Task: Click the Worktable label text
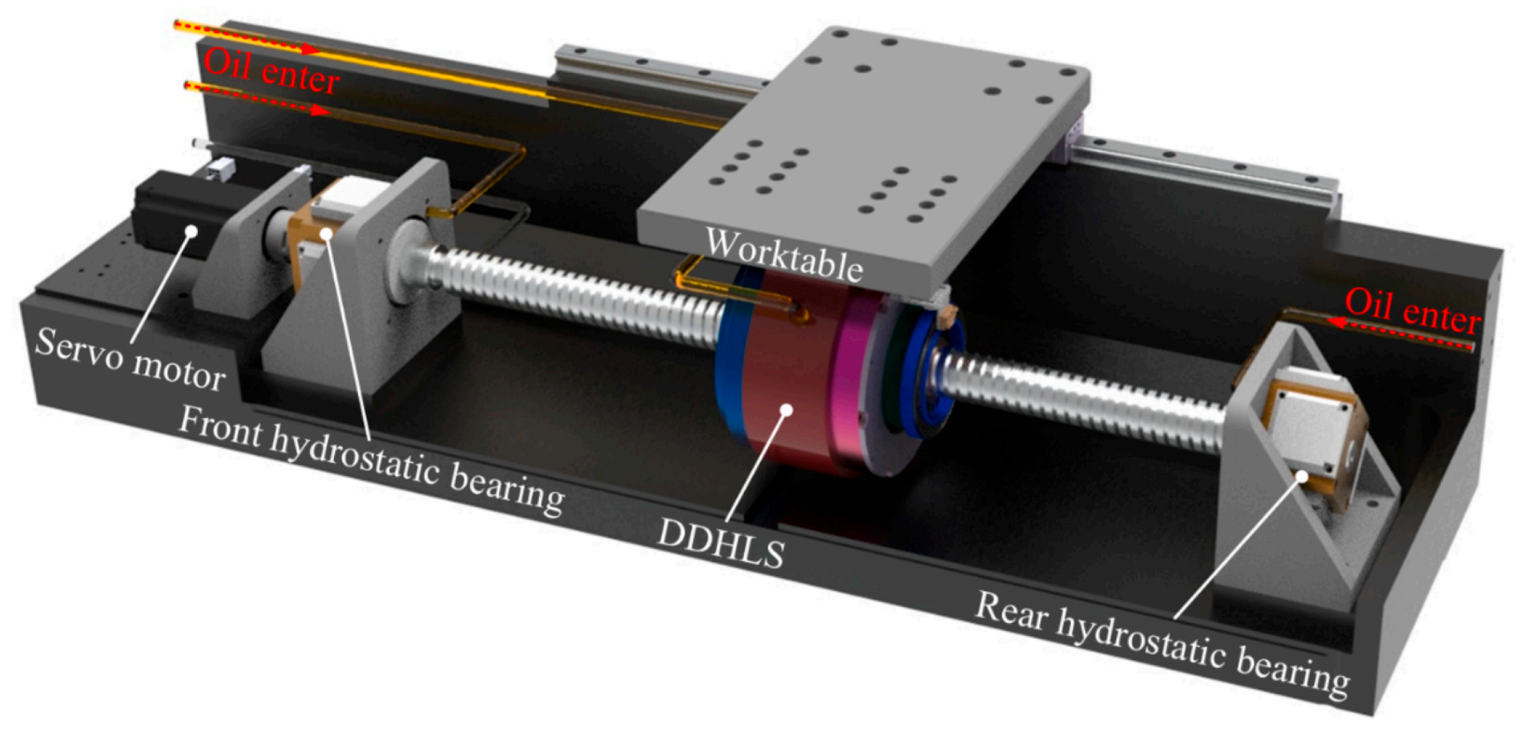pos(784,255)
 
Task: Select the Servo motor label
pos(130,359)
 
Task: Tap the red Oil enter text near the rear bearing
pos(1413,310)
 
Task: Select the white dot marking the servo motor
pos(193,232)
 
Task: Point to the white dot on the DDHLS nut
pos(785,410)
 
